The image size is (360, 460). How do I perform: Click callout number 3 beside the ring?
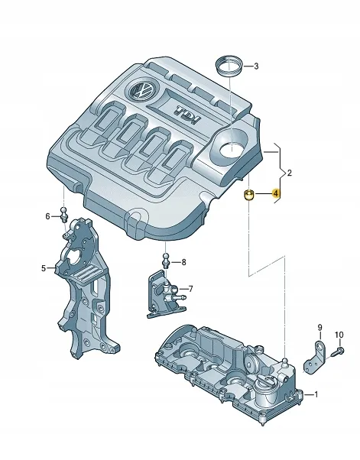256,66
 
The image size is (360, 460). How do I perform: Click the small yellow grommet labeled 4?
248,196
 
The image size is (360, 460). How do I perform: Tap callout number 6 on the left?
48,216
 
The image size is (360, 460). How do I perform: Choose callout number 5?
44,268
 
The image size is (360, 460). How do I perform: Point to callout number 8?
183,262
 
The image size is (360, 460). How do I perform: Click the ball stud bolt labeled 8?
164,260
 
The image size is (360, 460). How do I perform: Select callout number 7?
190,289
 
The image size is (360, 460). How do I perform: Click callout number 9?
320,329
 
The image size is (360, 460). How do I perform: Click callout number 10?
340,335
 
